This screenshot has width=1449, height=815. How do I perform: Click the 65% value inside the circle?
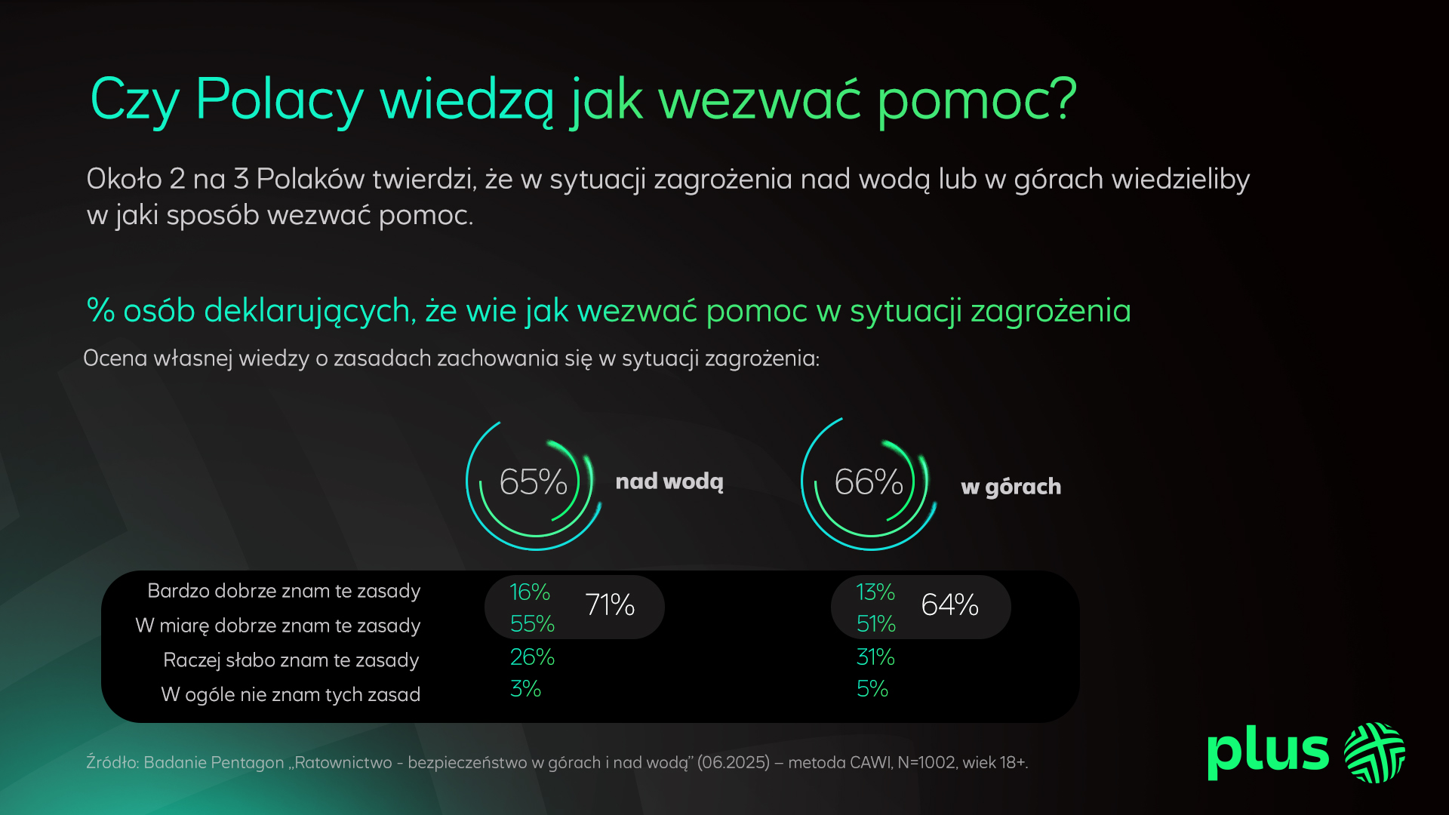click(x=533, y=482)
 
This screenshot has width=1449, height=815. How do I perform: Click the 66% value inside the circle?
click(x=869, y=482)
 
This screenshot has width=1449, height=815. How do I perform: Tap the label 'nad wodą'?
click(x=669, y=482)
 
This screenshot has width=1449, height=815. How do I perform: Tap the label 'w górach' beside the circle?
click(x=1011, y=487)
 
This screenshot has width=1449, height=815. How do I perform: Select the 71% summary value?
click(x=610, y=605)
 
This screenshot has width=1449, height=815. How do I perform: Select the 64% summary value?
click(x=950, y=605)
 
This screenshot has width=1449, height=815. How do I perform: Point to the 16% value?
click(x=530, y=592)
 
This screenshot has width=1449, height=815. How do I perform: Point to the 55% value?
click(x=532, y=624)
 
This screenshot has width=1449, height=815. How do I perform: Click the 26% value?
click(x=532, y=657)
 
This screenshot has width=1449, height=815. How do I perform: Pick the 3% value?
click(x=525, y=689)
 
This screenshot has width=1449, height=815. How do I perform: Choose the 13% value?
click(x=875, y=592)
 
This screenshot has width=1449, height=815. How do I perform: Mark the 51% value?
click(x=876, y=624)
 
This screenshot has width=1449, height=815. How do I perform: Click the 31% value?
click(x=875, y=657)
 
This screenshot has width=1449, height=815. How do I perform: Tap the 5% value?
click(x=872, y=689)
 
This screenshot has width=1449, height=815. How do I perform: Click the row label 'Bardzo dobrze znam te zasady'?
click(x=284, y=591)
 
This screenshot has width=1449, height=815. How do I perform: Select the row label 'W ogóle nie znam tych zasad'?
click(x=291, y=695)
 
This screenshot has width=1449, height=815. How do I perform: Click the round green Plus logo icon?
click(x=1375, y=752)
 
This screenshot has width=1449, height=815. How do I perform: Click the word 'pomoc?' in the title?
click(x=977, y=101)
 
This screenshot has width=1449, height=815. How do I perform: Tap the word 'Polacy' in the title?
click(x=279, y=101)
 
